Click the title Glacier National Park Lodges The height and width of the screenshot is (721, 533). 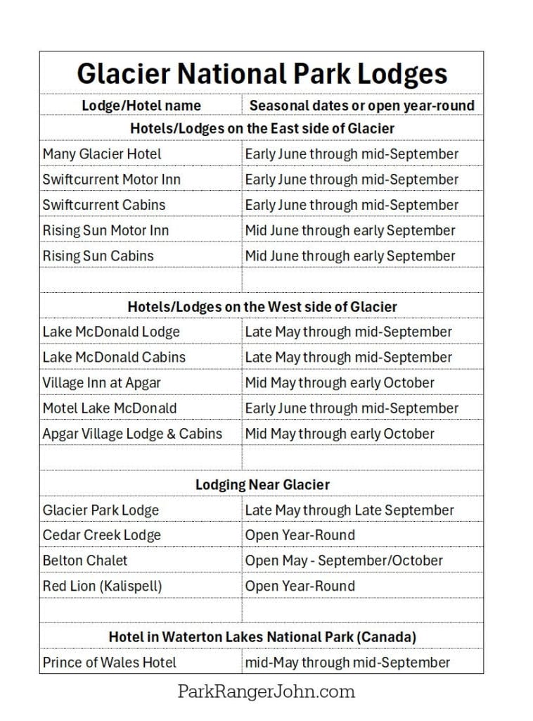262,74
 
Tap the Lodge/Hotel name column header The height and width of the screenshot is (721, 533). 141,106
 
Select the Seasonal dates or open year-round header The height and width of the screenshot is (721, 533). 362,106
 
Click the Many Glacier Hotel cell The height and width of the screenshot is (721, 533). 102,153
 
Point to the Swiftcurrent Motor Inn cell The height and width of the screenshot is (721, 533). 111,179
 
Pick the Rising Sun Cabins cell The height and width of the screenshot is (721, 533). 98,256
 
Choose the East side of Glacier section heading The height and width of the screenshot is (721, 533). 262,128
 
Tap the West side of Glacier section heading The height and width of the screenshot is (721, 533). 262,306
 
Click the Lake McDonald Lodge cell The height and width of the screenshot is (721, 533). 111,332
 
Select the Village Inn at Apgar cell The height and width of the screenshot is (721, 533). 101,382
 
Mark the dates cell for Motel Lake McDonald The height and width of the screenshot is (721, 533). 352,408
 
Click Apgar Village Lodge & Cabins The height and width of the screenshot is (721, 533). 132,433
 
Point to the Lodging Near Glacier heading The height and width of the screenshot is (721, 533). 262,484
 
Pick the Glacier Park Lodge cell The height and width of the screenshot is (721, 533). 101,510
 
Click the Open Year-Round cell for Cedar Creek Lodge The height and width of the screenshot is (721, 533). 300,535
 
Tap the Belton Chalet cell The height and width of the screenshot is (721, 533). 85,560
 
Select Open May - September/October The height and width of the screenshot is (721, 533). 344,560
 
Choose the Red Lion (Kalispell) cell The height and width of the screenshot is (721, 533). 102,586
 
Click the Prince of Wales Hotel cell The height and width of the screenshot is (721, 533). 109,662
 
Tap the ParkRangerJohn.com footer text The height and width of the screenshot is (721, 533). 266,691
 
